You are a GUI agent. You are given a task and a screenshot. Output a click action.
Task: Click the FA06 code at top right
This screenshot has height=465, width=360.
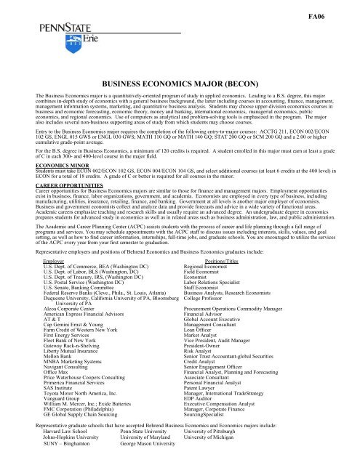point(335,14)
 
